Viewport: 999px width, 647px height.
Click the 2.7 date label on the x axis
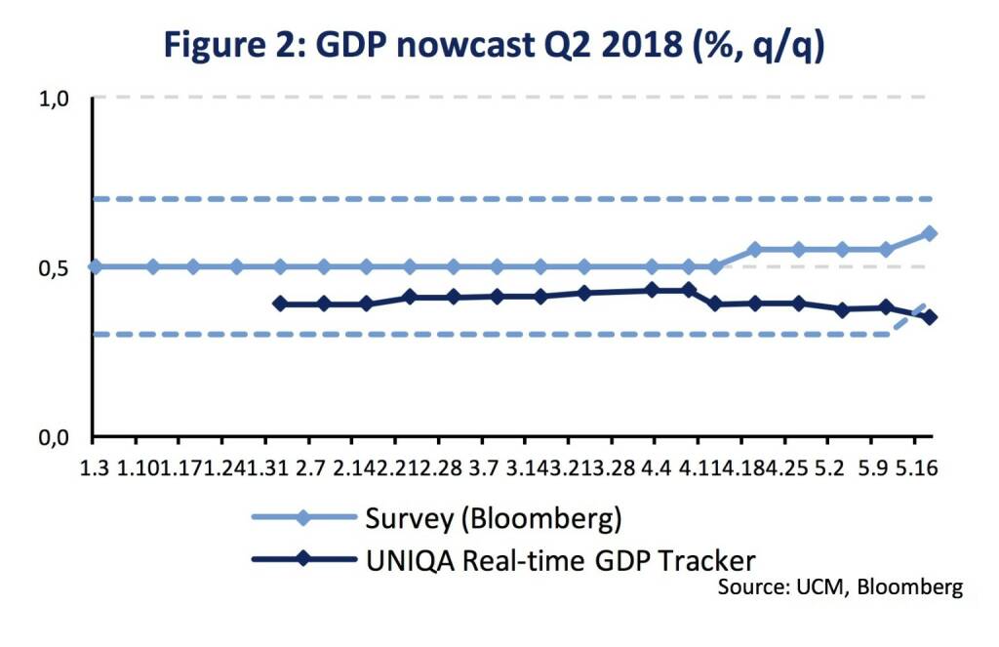pos(310,469)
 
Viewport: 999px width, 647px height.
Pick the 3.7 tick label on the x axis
pos(484,469)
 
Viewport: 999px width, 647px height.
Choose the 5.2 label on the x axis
pos(829,469)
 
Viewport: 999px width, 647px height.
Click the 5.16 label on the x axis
pos(917,469)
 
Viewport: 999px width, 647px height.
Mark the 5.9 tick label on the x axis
pos(873,469)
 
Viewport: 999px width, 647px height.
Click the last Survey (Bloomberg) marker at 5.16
pos(930,233)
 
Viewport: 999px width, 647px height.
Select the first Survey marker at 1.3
pos(94,266)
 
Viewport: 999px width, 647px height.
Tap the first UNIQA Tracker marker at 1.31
pos(280,303)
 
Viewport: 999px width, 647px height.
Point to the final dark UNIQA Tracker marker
pos(930,317)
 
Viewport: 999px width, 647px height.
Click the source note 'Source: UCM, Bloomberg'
pos(840,587)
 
